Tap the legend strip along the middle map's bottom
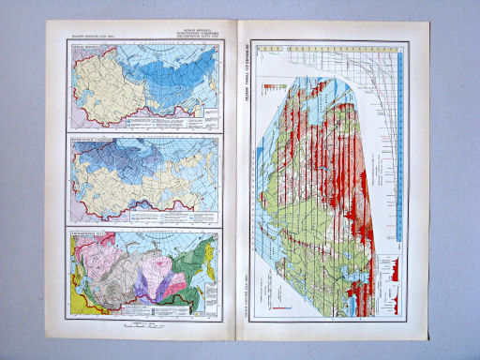tap(150, 216)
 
